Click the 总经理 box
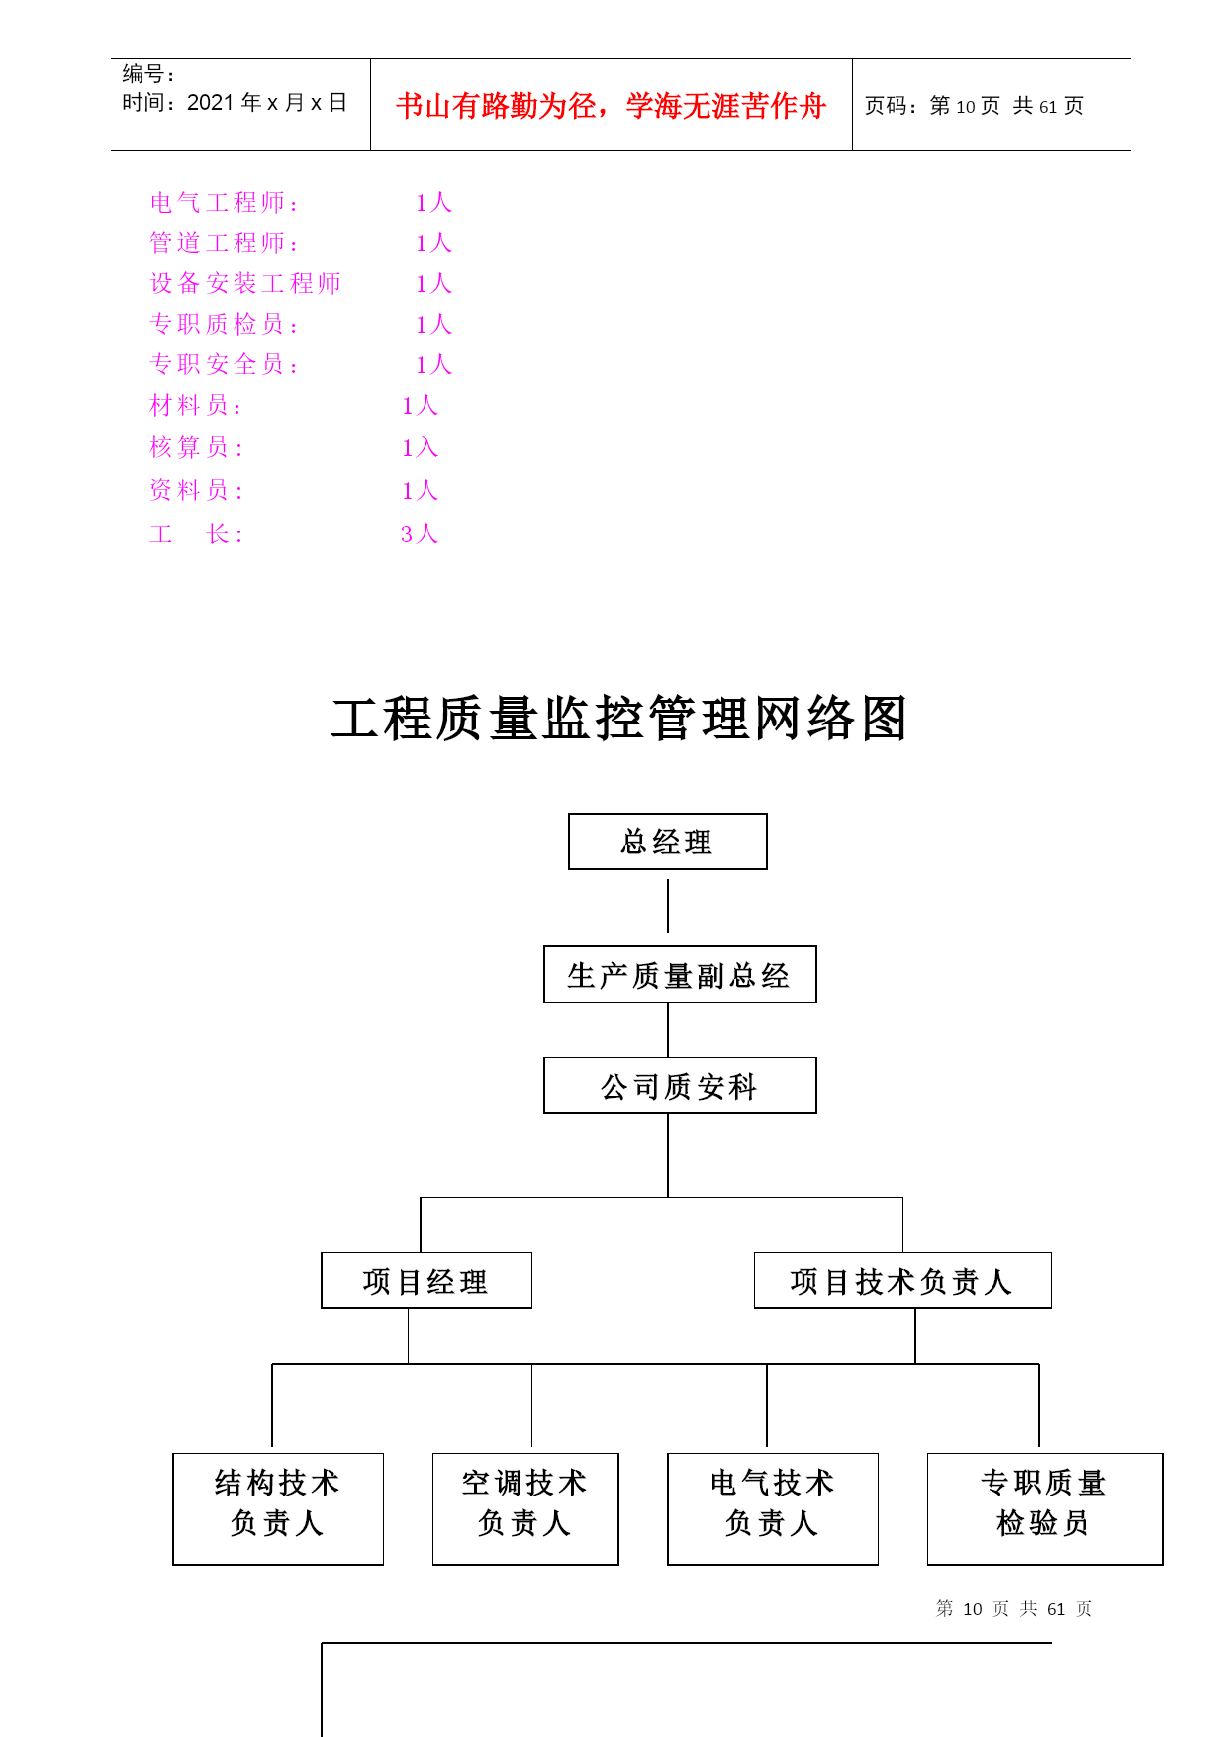click(668, 841)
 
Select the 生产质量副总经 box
click(680, 974)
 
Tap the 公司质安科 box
click(680, 1086)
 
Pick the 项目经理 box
click(426, 1281)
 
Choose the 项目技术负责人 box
click(902, 1281)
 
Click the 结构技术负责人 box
click(278, 1508)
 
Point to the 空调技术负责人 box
click(525, 1508)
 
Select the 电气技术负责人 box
click(773, 1508)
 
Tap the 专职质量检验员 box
click(1045, 1508)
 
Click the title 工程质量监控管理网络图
click(619, 719)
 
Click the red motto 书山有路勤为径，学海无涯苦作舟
click(611, 106)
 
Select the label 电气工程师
click(218, 203)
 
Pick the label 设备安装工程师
click(245, 284)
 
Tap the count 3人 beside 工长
click(420, 534)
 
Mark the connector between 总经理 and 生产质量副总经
click(668, 906)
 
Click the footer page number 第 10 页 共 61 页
click(1014, 1609)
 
